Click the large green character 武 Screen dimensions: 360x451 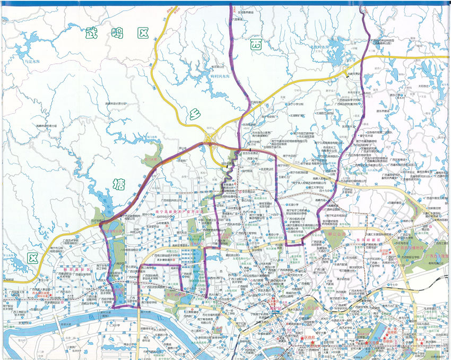[91, 33]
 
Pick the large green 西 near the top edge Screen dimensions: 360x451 [256, 45]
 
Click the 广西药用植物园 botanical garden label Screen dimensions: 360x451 [412, 248]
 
